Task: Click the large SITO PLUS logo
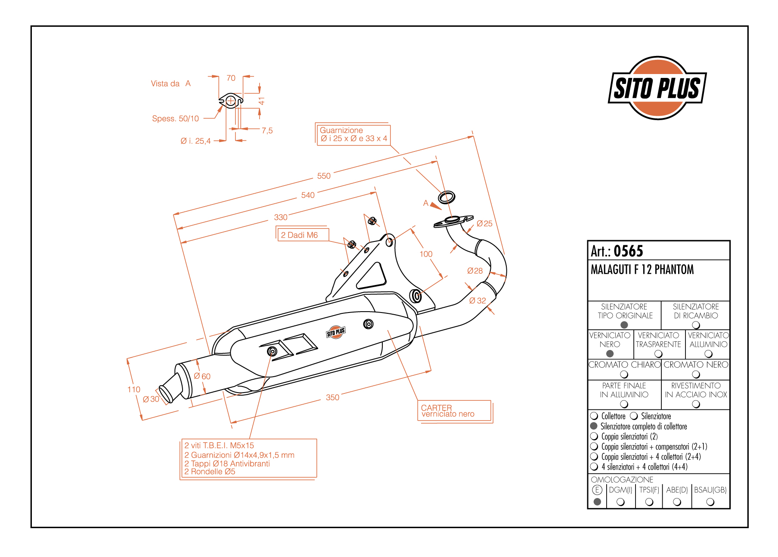657,88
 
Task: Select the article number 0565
628,251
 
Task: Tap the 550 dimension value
324,176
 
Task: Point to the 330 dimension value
281,217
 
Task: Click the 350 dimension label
332,397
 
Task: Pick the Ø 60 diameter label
202,376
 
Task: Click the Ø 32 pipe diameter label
477,301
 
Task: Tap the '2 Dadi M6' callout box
303,235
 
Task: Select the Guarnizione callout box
353,135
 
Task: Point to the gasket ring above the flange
446,198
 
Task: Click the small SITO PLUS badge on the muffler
336,332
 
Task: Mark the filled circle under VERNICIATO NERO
610,354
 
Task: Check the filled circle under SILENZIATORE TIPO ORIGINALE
624,325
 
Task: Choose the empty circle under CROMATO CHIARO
624,374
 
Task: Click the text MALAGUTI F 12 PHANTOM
642,270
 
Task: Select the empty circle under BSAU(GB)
710,502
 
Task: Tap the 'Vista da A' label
170,84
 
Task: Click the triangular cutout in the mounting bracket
371,277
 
